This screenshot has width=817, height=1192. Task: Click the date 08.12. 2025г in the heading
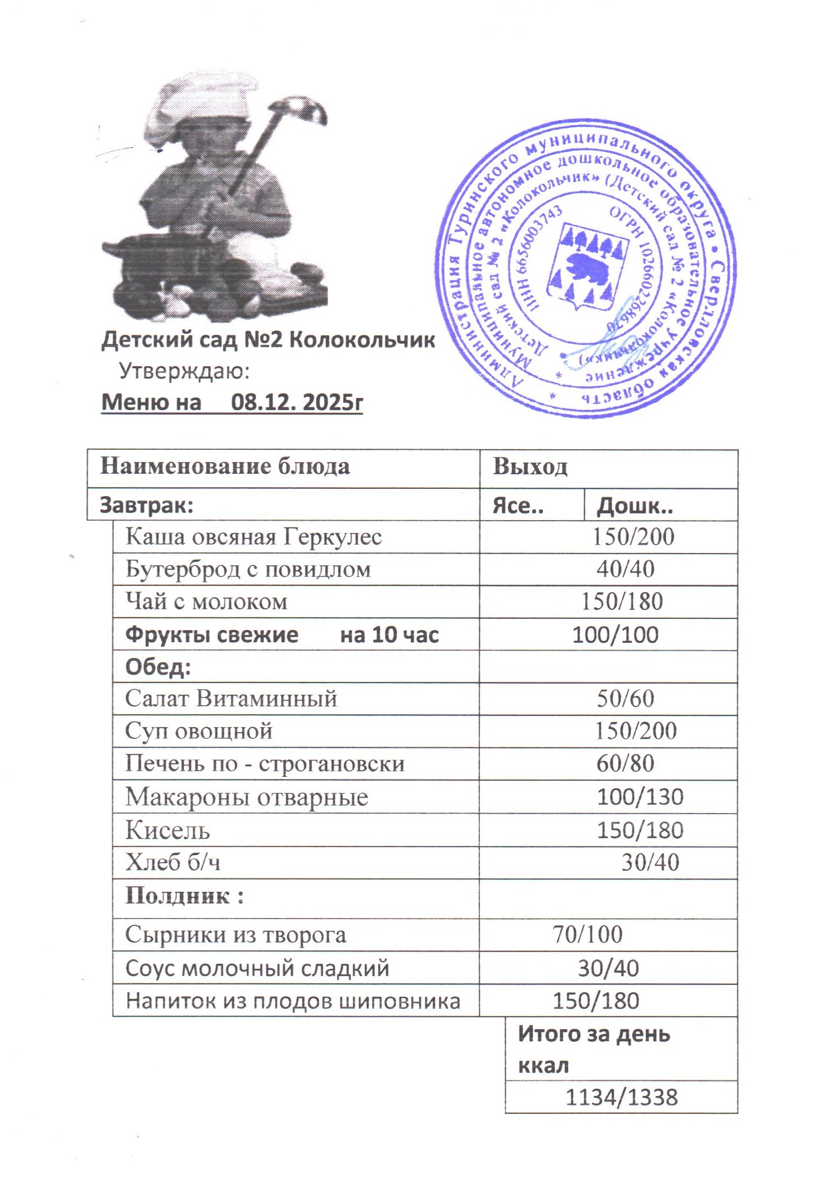point(296,402)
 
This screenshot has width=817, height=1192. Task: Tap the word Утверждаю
point(184,371)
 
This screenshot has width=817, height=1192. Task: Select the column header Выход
point(530,467)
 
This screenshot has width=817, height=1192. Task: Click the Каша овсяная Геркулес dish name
point(253,537)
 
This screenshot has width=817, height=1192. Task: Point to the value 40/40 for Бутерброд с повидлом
point(625,569)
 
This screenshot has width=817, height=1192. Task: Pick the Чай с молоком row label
point(206,601)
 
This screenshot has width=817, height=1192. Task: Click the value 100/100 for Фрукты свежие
point(615,635)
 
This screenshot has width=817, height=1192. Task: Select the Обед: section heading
point(158,666)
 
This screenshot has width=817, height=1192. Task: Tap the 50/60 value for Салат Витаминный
point(625,699)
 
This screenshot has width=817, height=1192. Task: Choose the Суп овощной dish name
point(199,730)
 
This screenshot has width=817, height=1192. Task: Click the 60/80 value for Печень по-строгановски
point(625,763)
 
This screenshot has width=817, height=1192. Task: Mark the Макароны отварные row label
point(246,796)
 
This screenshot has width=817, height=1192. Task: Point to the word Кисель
point(167,830)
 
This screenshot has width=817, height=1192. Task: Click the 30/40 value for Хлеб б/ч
point(650,863)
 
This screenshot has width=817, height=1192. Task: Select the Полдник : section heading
point(184,896)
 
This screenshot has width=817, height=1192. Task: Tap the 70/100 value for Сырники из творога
point(587,934)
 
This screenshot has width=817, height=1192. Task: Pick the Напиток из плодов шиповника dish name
point(292,1001)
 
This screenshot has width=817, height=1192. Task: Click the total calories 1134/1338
point(621,1097)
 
